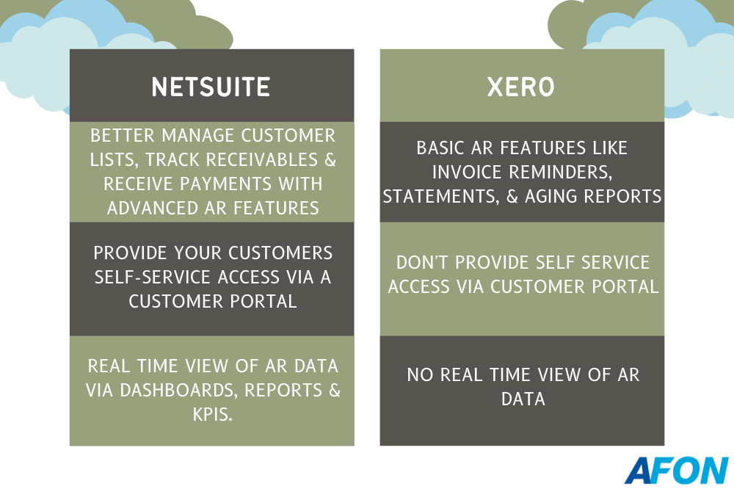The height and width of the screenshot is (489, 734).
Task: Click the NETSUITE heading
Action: coord(211,87)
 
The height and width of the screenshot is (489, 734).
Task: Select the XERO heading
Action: coord(521,87)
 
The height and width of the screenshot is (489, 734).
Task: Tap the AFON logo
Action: coord(677,470)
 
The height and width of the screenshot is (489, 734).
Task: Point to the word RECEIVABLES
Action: coord(262,160)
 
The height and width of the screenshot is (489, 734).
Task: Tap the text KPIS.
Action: coord(213,415)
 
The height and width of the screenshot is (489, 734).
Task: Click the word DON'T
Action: coord(423,263)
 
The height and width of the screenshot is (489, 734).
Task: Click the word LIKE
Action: coord(610,148)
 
